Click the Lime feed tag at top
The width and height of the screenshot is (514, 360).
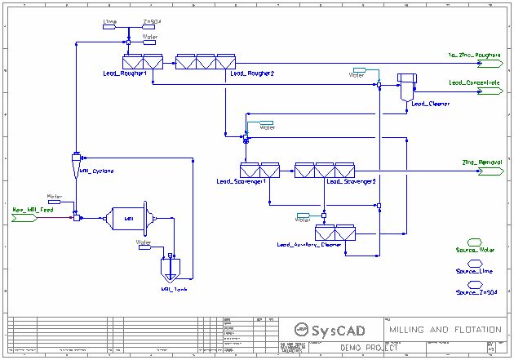(112, 25)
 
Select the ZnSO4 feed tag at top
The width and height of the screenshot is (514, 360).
(152, 25)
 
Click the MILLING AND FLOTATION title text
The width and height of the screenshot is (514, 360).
(445, 329)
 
